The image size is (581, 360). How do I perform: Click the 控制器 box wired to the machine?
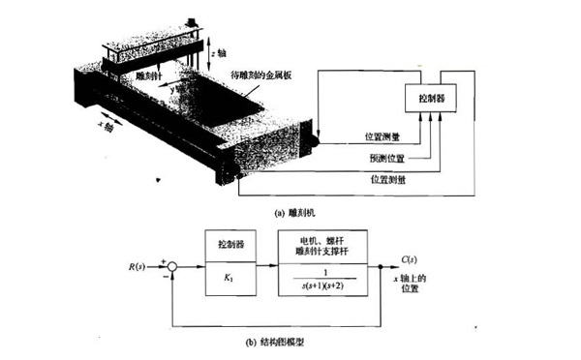pos(434,100)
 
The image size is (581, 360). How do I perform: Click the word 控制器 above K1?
pos(228,246)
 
